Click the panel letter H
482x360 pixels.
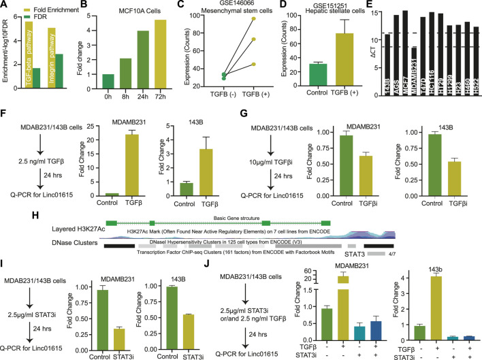coord(6,216)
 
